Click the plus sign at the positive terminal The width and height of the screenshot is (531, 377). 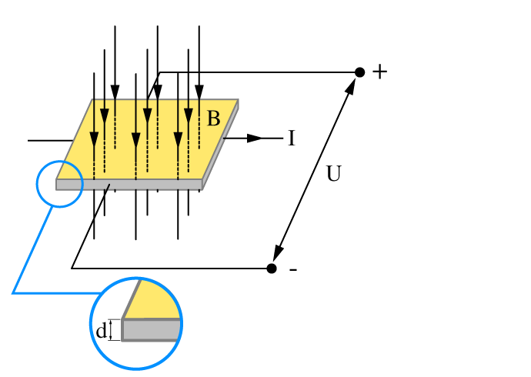[379, 72]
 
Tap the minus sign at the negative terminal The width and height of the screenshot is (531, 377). [293, 269]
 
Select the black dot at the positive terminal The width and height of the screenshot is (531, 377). [359, 72]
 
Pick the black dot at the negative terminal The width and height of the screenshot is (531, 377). [272, 268]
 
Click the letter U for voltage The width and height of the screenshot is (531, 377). [333, 175]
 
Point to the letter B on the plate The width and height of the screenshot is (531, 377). [213, 118]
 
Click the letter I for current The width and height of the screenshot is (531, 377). [292, 138]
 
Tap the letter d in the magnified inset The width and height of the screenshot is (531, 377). [101, 331]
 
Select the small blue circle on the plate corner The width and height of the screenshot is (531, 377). [59, 184]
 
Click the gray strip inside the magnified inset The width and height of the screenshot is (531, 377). [152, 329]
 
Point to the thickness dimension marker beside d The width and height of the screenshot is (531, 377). [112, 330]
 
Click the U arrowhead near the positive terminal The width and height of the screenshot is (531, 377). [352, 85]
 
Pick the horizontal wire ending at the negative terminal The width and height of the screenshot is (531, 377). [169, 269]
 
